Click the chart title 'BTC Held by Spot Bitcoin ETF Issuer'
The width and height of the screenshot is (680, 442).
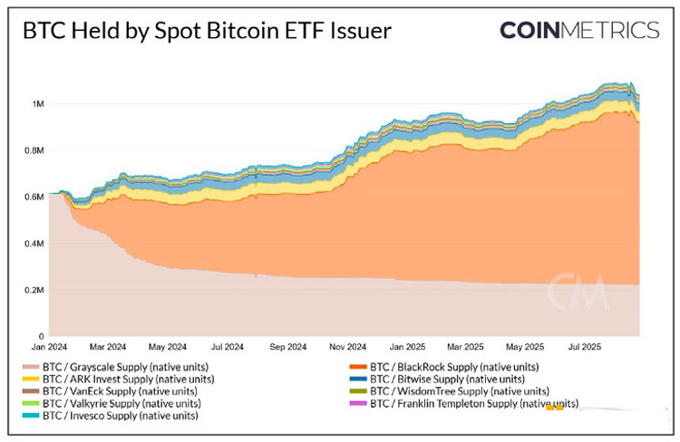click(206, 32)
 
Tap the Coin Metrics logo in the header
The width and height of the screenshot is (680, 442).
click(578, 31)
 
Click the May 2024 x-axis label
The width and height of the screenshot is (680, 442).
click(168, 346)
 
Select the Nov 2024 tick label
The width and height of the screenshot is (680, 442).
click(348, 346)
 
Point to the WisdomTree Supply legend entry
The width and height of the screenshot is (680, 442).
click(452, 391)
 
